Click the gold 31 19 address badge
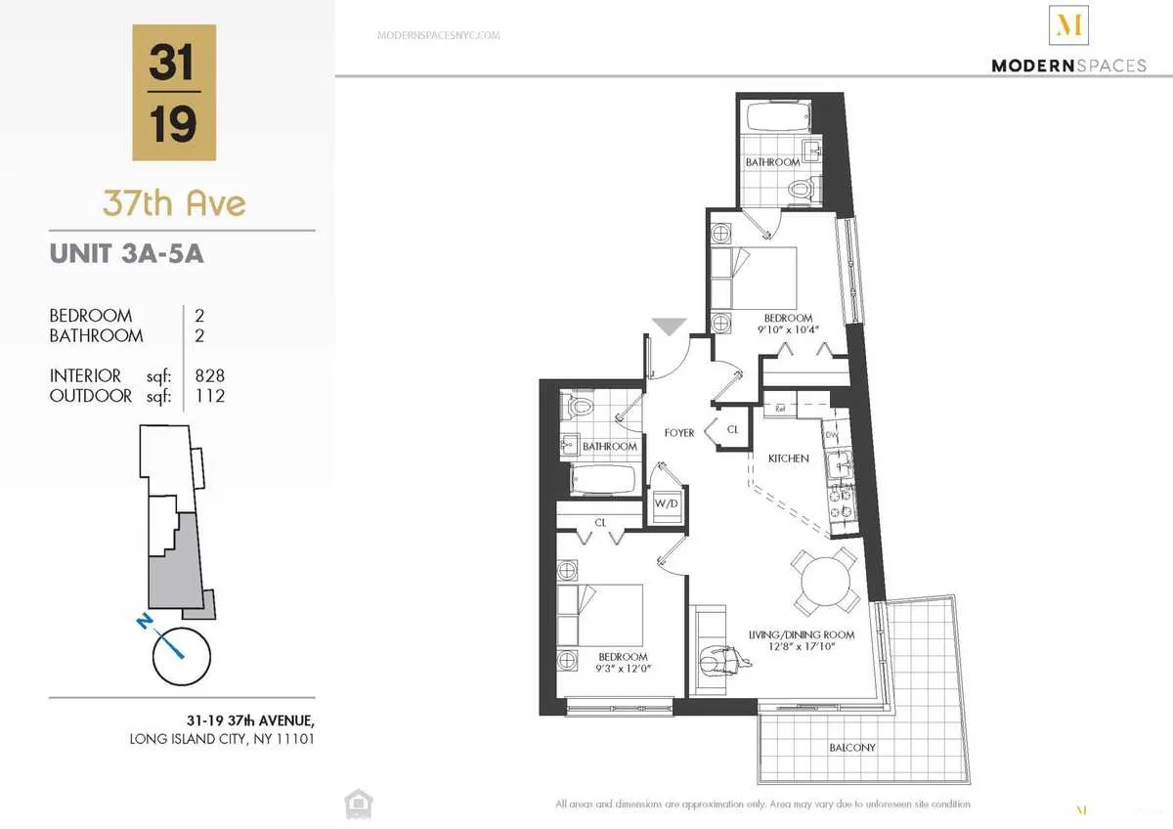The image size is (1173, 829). (174, 93)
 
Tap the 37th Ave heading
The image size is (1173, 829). (174, 203)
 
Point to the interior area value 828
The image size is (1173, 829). (210, 375)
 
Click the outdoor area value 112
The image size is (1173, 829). (210, 396)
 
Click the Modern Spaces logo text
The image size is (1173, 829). (1068, 65)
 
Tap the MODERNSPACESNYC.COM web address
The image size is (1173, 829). (438, 35)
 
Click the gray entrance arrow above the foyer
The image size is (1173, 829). (669, 327)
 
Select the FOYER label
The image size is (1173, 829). (678, 433)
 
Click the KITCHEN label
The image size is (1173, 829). (788, 458)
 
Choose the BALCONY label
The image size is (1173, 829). (851, 748)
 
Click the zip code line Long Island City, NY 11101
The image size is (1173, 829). (222, 739)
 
